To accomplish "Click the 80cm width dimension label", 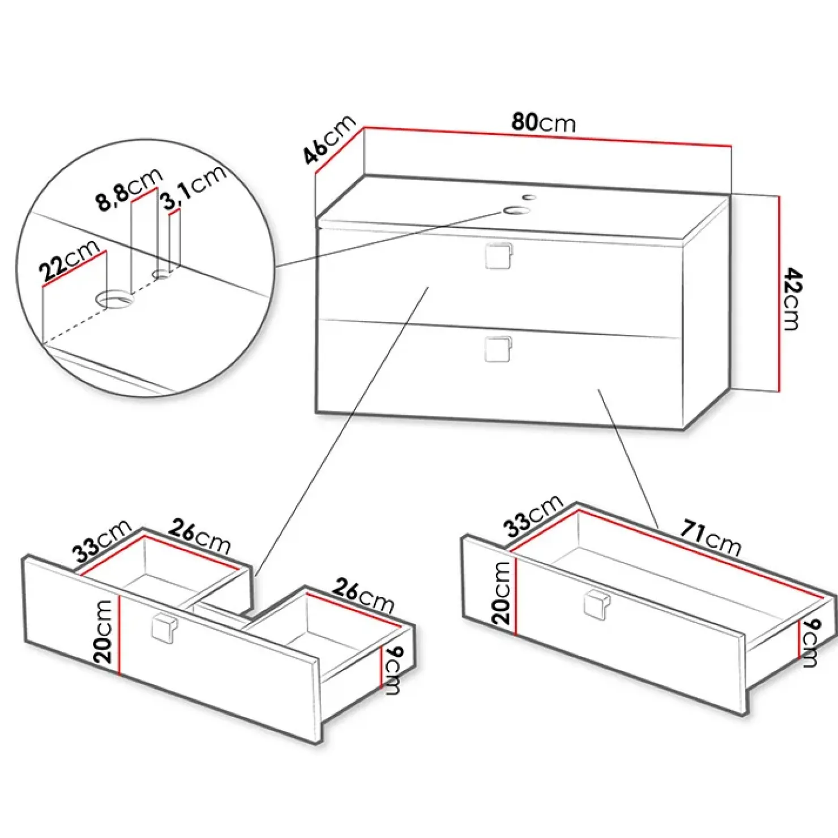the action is (544, 122).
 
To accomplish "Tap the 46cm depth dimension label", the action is (329, 139).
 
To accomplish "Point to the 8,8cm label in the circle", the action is (129, 189).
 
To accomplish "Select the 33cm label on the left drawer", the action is (102, 541).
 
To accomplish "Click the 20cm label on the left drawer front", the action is (104, 631).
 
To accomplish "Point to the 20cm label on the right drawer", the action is (501, 594).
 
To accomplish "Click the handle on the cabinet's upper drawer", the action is (498, 255).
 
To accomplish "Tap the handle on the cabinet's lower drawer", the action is (498, 349).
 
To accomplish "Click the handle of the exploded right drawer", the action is (596, 604).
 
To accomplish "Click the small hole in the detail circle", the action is (162, 274).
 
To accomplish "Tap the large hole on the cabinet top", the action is (516, 210).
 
